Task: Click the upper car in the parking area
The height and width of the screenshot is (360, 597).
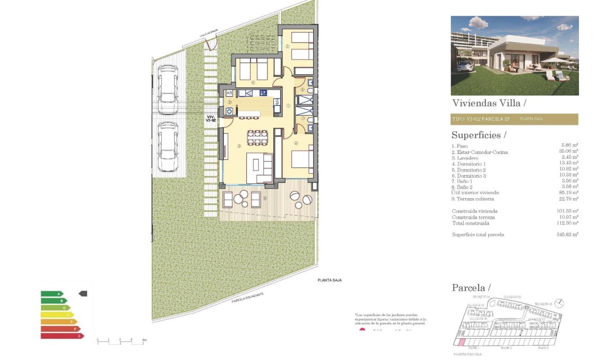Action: pyautogui.click(x=168, y=84)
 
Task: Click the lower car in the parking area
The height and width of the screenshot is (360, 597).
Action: pyautogui.click(x=168, y=147)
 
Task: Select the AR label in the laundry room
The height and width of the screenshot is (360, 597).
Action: pyautogui.click(x=230, y=93)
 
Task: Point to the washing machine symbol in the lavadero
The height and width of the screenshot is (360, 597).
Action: pyautogui.click(x=230, y=112)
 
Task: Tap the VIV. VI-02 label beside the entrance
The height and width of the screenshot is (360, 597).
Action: pyautogui.click(x=211, y=119)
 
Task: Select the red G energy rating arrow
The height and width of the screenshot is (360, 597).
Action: pyautogui.click(x=62, y=336)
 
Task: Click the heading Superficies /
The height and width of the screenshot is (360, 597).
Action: pyautogui.click(x=479, y=135)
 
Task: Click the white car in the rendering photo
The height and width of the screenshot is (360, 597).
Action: pyautogui.click(x=464, y=66)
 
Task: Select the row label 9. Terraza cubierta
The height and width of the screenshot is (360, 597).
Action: pyautogui.click(x=472, y=199)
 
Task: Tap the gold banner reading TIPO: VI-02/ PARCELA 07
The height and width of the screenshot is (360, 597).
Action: pyautogui.click(x=514, y=119)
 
